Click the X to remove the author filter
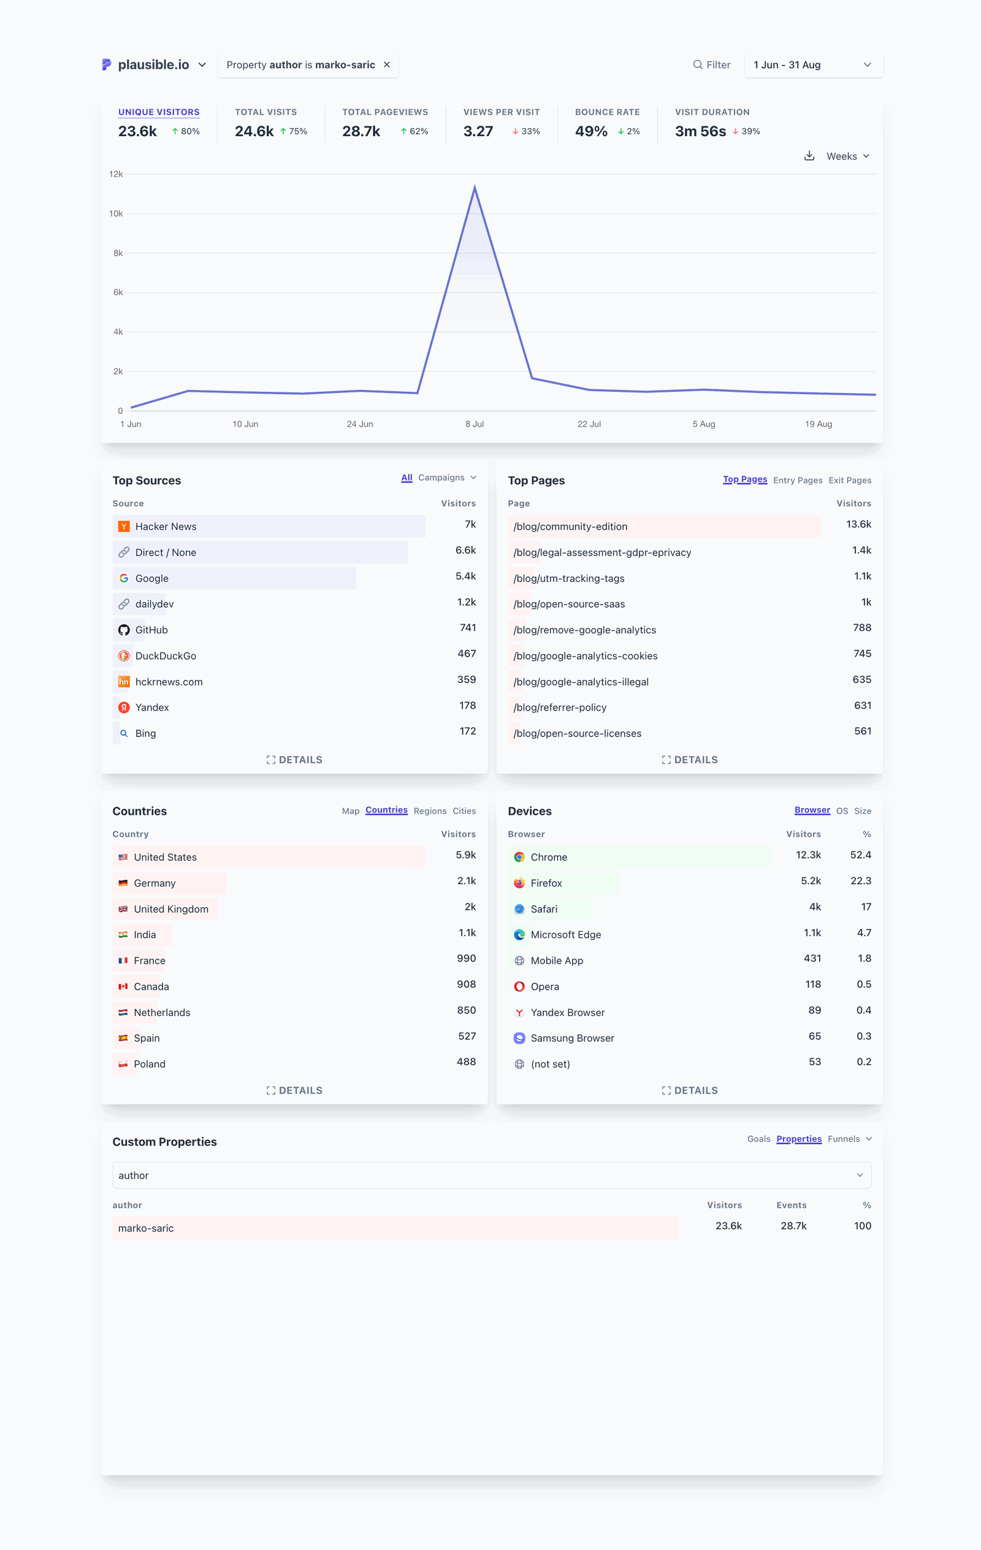pos(387,65)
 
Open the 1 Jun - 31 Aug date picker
pos(812,65)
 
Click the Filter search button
pos(711,65)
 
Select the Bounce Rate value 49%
pos(591,131)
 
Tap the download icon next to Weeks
pos(809,156)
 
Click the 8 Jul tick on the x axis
pos(475,424)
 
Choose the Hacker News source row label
pos(166,527)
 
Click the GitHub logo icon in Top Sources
pos(124,630)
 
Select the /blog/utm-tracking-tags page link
pos(568,579)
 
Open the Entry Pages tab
pos(797,480)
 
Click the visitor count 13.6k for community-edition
pos(858,525)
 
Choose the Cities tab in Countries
pos(464,811)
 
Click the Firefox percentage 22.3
pos(860,881)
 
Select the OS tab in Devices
pos(841,811)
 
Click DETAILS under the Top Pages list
pos(689,760)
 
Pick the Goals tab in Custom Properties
pos(758,1139)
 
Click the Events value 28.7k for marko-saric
pos(793,1226)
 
